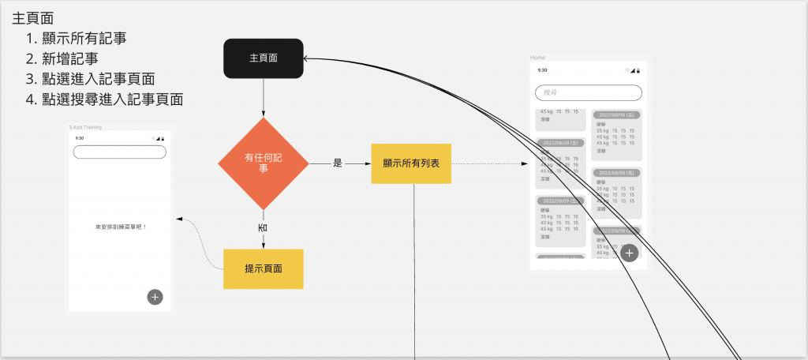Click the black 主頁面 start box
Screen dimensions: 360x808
pos(264,58)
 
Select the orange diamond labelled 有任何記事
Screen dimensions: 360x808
pos(263,163)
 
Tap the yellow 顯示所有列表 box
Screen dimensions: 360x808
pos(410,163)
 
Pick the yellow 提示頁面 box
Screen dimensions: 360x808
pos(263,268)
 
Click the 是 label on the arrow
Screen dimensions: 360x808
pos(338,163)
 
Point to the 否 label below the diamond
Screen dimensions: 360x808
pos(263,227)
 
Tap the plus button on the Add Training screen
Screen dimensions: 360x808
pos(155,297)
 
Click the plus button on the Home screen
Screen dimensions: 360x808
pos(629,253)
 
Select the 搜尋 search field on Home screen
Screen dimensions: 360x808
pos(588,93)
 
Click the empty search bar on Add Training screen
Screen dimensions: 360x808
pos(119,152)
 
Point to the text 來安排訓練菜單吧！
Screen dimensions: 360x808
pos(121,227)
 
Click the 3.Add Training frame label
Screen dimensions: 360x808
pos(85,127)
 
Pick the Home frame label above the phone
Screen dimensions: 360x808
pos(537,58)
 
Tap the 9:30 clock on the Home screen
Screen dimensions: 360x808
pos(542,70)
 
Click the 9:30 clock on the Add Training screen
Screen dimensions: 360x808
pos(80,137)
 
